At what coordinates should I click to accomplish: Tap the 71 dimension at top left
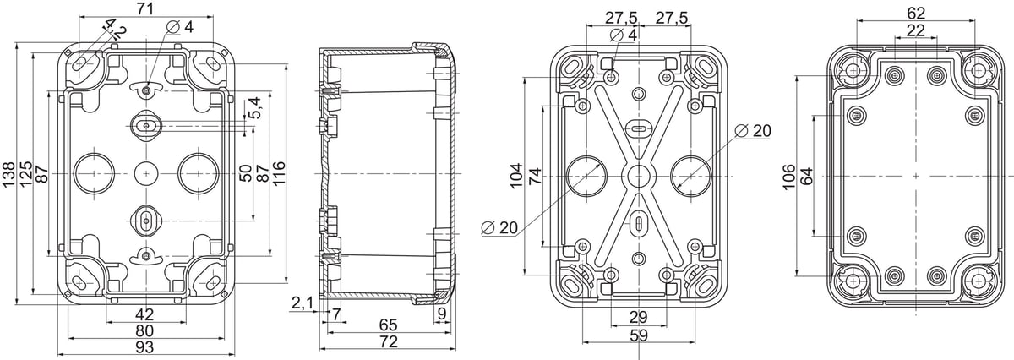[x=144, y=8]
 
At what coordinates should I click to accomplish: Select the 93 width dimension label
[x=144, y=347]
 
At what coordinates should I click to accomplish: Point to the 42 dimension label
[x=144, y=314]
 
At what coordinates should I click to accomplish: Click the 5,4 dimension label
[x=256, y=107]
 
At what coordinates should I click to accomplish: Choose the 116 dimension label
[x=278, y=172]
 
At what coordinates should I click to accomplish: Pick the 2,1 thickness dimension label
[x=303, y=304]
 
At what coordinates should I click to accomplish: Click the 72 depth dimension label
[x=389, y=342]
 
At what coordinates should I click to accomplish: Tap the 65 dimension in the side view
[x=389, y=325]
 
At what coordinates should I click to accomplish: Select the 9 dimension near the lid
[x=442, y=314]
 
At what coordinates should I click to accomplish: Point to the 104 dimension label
[x=516, y=176]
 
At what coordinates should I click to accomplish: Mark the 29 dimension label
[x=638, y=317]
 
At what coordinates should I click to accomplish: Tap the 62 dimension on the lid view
[x=916, y=14]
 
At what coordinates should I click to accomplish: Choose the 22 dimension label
[x=916, y=30]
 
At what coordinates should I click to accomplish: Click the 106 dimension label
[x=788, y=177]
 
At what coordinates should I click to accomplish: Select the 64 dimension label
[x=806, y=176]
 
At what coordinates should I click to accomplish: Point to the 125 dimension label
[x=26, y=174]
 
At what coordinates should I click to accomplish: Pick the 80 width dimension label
[x=144, y=330]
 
